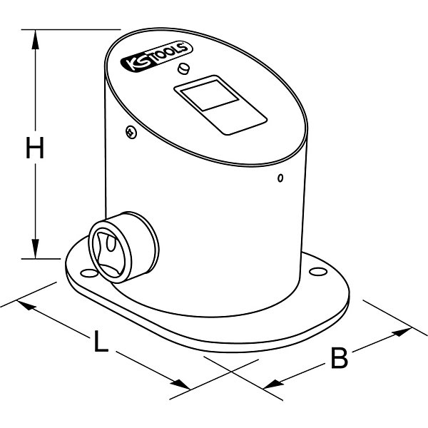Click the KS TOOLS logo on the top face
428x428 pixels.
[x=156, y=56]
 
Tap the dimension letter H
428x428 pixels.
[x=35, y=148]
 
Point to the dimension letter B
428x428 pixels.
[x=340, y=357]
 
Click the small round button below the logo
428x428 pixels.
[x=183, y=68]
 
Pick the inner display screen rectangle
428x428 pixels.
[x=210, y=96]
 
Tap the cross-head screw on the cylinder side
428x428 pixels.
[x=131, y=132]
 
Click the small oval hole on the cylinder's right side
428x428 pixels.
[x=280, y=178]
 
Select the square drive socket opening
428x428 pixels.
[x=108, y=255]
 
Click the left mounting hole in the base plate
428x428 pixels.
[x=90, y=272]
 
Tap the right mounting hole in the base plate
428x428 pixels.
[x=318, y=271]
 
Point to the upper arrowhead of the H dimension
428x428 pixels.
[x=35, y=39]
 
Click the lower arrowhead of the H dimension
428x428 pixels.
[x=35, y=249]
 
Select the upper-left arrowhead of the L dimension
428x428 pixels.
[x=26, y=305]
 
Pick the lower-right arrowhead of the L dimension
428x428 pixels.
[x=180, y=384]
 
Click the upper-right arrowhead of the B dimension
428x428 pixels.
[x=402, y=332]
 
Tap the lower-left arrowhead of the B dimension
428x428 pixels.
[x=273, y=384]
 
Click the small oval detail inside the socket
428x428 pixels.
[x=111, y=243]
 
